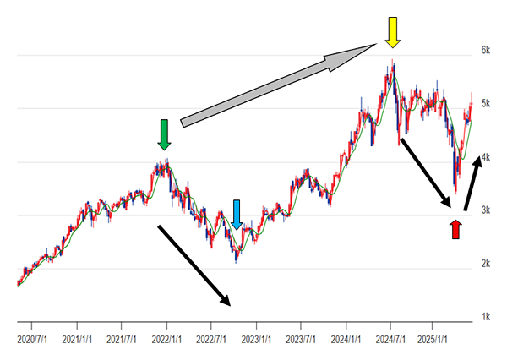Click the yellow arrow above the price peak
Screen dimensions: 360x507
point(391,31)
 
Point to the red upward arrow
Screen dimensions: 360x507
point(455,228)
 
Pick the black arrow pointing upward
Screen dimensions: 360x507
point(472,179)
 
